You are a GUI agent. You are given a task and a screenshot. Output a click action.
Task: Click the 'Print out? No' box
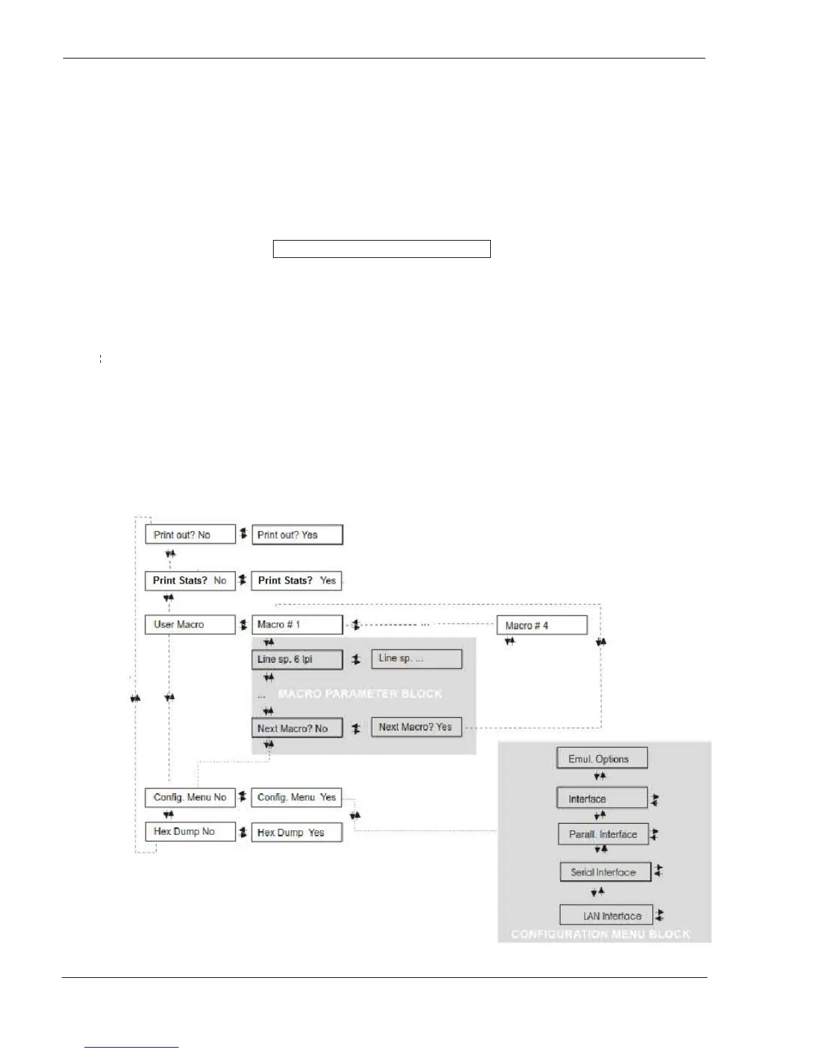(190, 534)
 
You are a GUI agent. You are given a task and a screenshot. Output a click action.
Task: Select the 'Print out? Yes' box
(297, 534)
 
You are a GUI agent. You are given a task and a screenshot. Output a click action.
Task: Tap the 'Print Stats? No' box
(190, 580)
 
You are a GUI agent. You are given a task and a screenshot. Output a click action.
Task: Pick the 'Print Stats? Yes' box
(297, 580)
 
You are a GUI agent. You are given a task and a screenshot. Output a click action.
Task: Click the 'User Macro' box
(190, 625)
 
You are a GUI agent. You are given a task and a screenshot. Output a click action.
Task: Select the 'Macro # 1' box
(297, 625)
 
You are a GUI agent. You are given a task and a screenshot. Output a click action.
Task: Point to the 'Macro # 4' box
(542, 626)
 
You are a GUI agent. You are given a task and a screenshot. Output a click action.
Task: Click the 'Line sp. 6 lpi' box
(297, 659)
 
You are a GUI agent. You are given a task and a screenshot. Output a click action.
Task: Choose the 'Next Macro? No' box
(297, 729)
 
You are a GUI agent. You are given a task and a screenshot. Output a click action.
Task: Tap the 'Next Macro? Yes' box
(416, 727)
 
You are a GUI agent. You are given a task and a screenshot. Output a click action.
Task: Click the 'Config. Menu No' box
(190, 797)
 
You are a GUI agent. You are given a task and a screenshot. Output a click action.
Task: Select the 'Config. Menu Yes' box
(296, 797)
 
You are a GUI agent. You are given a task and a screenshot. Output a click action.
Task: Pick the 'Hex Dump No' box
(190, 832)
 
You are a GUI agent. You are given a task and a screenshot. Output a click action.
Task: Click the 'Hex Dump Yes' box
(296, 832)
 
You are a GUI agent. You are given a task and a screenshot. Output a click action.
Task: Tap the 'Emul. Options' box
(601, 759)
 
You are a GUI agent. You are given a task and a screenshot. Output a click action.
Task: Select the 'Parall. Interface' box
(603, 834)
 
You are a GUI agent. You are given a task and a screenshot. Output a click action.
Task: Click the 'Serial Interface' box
(605, 872)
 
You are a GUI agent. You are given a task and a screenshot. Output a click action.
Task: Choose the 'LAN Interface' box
(606, 916)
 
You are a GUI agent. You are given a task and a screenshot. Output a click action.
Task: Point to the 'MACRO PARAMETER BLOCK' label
(360, 694)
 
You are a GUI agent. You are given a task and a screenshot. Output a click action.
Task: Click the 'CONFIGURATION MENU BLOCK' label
(600, 935)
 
